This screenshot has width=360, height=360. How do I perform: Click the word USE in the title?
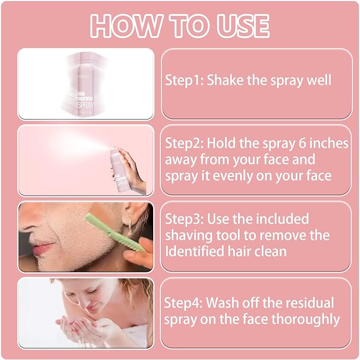click(x=243, y=25)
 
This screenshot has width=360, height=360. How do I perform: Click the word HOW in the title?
click(x=127, y=25)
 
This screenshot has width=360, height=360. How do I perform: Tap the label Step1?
click(x=185, y=81)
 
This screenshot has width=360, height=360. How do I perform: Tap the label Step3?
click(x=185, y=219)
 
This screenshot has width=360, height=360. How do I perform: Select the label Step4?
click(x=183, y=303)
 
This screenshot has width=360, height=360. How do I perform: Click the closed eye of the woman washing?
click(x=91, y=292)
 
